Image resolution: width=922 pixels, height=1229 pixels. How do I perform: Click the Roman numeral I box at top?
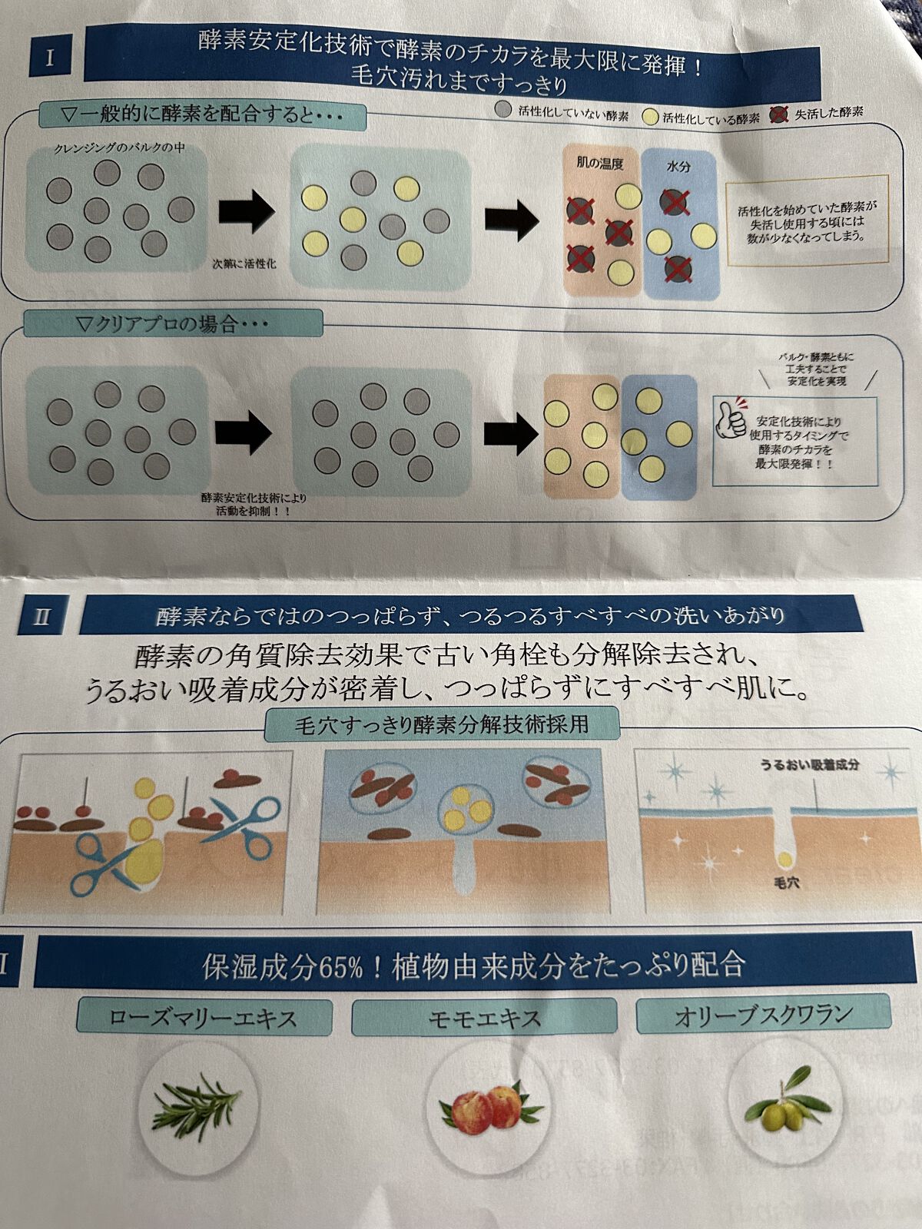pos(51,58)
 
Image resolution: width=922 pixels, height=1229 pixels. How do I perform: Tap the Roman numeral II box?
pos(41,617)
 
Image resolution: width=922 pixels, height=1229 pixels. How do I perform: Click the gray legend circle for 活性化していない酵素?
pos(503,109)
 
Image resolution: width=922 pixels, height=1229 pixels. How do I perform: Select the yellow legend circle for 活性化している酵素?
pos(650,117)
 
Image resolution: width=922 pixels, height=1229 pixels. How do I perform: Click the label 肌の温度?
pos(599,163)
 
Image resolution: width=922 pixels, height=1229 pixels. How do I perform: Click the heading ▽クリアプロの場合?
pos(173,324)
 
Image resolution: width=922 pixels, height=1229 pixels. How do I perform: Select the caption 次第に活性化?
pos(244,263)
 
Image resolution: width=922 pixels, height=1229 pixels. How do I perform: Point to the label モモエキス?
pos(484,1019)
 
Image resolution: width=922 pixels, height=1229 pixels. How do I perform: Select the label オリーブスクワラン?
pos(764,1015)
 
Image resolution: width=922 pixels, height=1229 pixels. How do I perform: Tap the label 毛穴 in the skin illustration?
pos(787,883)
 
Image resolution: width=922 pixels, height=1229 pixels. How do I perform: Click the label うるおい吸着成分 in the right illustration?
pos(809,765)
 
